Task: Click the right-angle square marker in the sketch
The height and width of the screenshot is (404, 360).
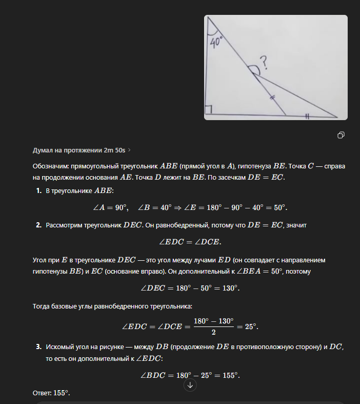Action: pyautogui.click(x=209, y=110)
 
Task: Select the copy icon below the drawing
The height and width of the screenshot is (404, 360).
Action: pyautogui.click(x=341, y=135)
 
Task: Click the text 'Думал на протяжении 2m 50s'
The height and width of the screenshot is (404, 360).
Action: pyautogui.click(x=79, y=150)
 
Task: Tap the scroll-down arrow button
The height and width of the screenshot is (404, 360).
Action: pyautogui.click(x=190, y=385)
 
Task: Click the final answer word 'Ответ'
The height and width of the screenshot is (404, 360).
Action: pyautogui.click(x=42, y=393)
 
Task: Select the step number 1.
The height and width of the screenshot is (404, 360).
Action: pyautogui.click(x=38, y=191)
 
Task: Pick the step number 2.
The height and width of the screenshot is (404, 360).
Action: pyautogui.click(x=38, y=225)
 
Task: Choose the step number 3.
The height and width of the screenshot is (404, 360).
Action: pyautogui.click(x=38, y=347)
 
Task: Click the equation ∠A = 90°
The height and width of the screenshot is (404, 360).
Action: pyautogui.click(x=110, y=207)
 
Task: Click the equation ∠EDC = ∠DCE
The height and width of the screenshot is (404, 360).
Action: pyautogui.click(x=190, y=242)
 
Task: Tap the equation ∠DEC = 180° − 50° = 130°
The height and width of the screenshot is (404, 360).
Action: pyautogui.click(x=190, y=288)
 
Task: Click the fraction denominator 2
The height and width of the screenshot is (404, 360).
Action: pyautogui.click(x=213, y=332)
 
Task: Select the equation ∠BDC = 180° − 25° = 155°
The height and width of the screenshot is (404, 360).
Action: pyautogui.click(x=190, y=375)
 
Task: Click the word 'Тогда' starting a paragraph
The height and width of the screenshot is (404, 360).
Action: pyautogui.click(x=42, y=306)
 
